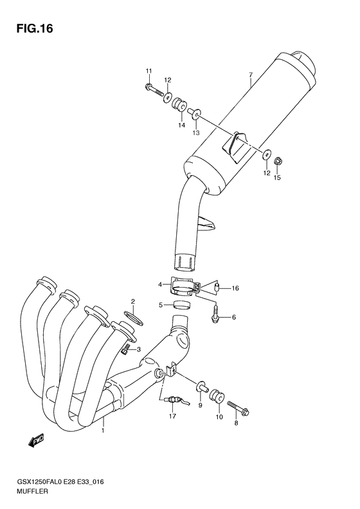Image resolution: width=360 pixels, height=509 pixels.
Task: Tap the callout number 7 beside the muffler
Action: tap(250, 75)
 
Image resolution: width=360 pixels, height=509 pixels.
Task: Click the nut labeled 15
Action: tap(278, 160)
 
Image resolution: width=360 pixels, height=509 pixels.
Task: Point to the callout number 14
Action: tap(182, 127)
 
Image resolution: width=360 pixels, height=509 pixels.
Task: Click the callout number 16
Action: tap(235, 288)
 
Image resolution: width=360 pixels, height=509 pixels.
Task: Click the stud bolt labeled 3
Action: tap(127, 348)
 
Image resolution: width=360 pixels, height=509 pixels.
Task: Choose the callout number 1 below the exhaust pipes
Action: tap(102, 431)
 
